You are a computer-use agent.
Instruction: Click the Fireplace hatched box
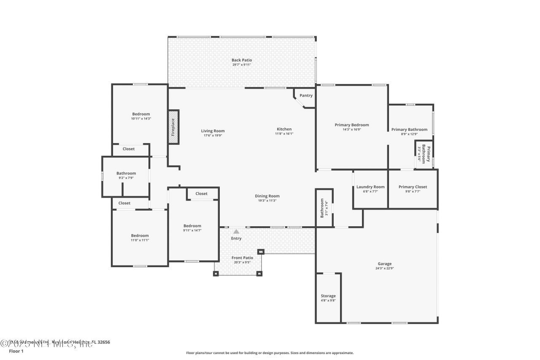tap(173, 127)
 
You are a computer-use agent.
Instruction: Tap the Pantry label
tap(306, 95)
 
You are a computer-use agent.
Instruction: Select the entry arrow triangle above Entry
tap(236, 231)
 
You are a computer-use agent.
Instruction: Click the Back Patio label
tap(242, 60)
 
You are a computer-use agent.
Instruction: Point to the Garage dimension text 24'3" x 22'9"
tap(384, 268)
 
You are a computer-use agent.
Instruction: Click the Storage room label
tap(328, 296)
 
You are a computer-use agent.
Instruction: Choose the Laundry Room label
tap(370, 187)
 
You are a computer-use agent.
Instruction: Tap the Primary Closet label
tap(413, 187)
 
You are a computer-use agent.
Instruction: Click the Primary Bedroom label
tap(352, 125)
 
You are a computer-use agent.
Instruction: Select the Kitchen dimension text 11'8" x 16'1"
tap(284, 134)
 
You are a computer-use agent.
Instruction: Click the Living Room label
tap(213, 131)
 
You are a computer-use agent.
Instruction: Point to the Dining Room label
tap(267, 196)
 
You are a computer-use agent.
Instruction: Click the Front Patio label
tap(242, 258)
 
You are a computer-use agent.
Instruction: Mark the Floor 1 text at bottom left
tap(16, 351)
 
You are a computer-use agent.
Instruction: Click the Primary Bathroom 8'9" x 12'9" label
tap(409, 130)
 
